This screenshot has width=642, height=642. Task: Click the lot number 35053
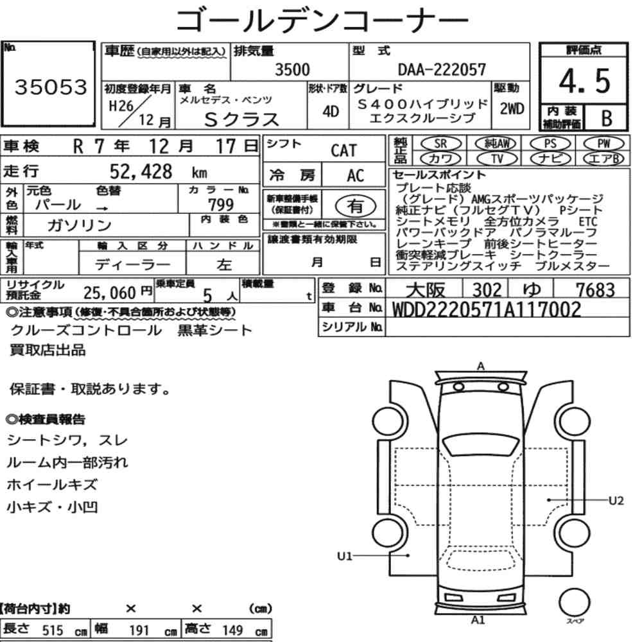pos(51,87)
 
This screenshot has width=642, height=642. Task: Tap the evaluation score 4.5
pos(584,81)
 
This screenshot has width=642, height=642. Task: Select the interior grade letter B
pos(607,118)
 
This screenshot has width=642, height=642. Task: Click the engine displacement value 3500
pos(292,69)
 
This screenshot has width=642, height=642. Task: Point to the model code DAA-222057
pos(442,69)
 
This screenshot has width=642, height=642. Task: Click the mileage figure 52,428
pos(141,171)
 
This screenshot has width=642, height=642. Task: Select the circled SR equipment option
pos(440,144)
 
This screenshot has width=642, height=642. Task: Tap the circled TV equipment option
pos(497,159)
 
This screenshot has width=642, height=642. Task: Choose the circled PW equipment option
pos(603,144)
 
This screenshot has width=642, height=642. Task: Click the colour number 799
pos(221,204)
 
